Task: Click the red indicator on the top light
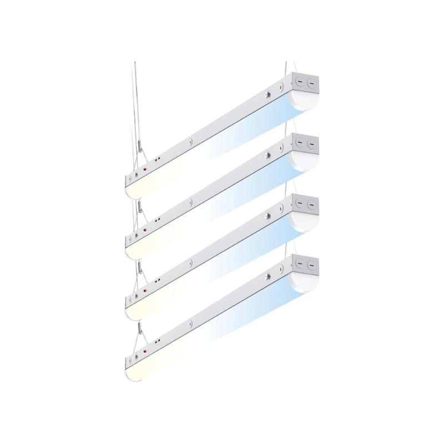point(145,169)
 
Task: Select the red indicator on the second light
point(145,229)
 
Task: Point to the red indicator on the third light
point(145,290)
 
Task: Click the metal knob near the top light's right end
point(268,95)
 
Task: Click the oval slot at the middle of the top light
point(191,141)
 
